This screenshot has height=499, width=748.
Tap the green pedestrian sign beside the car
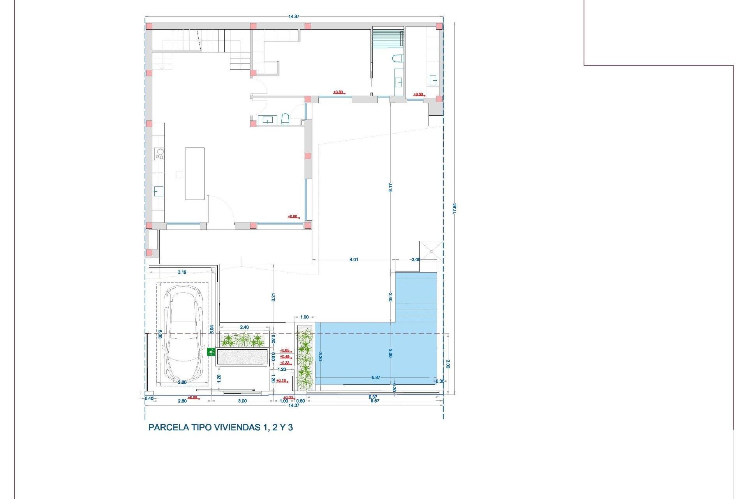(x=211, y=352)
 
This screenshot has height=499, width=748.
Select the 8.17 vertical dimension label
(x=390, y=187)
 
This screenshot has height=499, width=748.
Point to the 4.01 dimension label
(x=354, y=260)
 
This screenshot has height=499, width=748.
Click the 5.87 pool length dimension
(x=376, y=377)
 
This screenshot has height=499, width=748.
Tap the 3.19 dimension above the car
(x=182, y=272)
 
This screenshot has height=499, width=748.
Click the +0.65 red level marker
(x=285, y=350)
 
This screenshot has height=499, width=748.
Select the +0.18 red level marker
(x=281, y=380)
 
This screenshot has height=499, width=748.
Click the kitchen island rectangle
(x=195, y=173)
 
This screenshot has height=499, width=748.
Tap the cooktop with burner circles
(x=159, y=154)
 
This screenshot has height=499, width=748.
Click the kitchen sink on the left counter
(x=158, y=191)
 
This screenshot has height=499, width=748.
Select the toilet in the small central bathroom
(x=285, y=119)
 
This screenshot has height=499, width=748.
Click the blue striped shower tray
(x=388, y=38)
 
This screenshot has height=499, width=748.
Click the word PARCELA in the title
(x=169, y=427)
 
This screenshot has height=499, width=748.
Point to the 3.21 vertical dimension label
(x=273, y=297)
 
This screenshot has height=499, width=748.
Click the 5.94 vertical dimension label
(x=212, y=329)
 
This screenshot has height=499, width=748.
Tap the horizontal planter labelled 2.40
(x=243, y=340)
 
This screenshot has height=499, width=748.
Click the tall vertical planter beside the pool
(x=305, y=357)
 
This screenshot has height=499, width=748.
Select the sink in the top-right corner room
(x=433, y=81)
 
